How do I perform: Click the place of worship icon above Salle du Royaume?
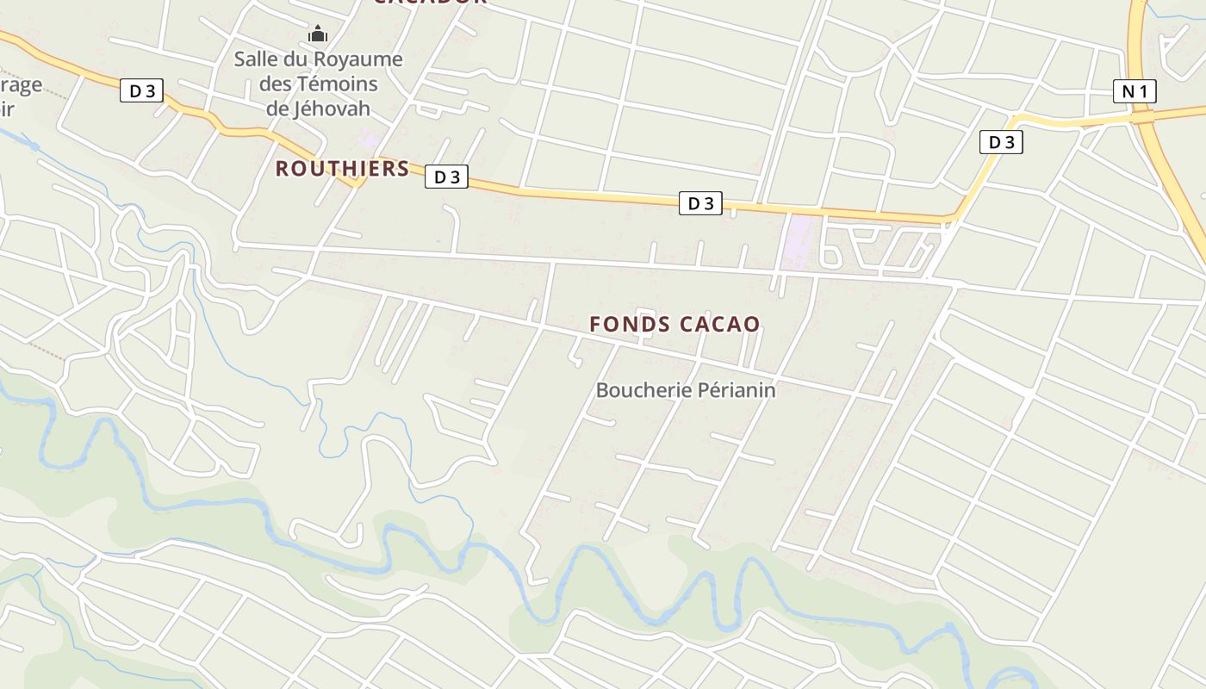point(318,34)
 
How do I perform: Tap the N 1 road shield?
point(1134,91)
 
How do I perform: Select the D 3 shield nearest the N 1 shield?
point(1001,142)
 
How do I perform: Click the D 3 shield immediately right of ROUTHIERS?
point(446,177)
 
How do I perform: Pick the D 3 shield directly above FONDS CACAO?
point(700,203)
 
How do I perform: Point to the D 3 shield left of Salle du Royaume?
point(141,90)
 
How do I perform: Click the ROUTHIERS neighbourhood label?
point(342,169)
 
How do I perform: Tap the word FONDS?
point(630,325)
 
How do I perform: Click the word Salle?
point(259,59)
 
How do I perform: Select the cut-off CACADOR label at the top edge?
point(430,3)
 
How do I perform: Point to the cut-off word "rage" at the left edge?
point(21,85)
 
